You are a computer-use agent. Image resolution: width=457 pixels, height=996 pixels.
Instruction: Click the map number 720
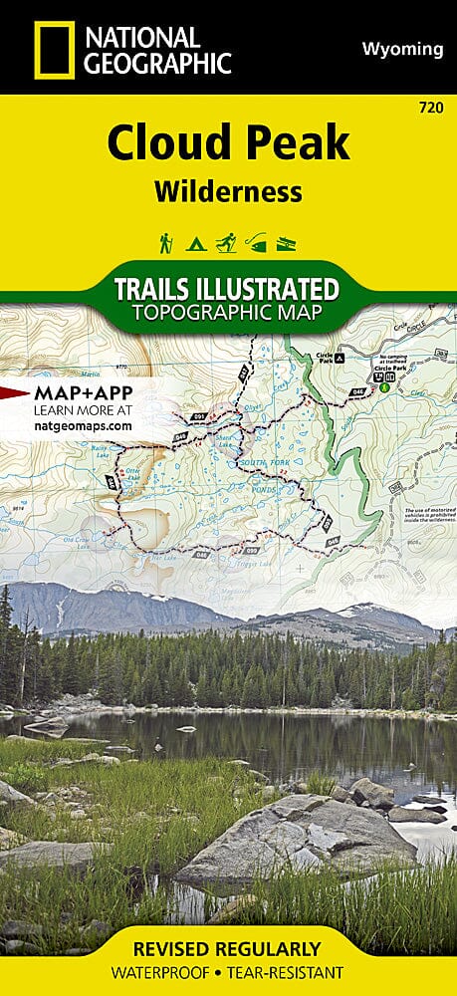433,106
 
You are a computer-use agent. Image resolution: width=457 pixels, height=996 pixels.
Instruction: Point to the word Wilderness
228,191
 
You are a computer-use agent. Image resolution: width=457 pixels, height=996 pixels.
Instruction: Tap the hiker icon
165,242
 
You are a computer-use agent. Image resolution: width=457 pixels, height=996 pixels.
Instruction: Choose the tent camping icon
196,242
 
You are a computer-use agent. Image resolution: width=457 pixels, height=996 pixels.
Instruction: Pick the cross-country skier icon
227,242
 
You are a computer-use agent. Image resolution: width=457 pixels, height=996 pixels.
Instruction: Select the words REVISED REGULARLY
228,948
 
